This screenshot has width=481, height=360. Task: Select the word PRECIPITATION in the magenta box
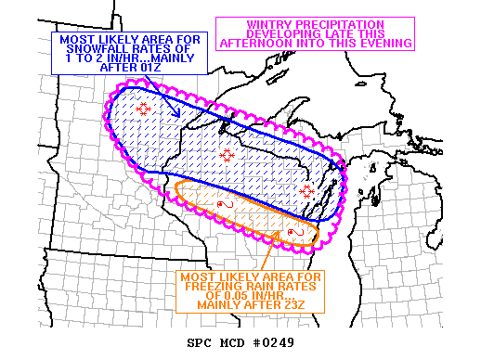(349, 23)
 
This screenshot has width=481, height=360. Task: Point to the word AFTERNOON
(279, 44)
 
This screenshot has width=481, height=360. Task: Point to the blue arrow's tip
(179, 115)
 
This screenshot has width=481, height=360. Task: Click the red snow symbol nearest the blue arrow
(143, 109)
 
